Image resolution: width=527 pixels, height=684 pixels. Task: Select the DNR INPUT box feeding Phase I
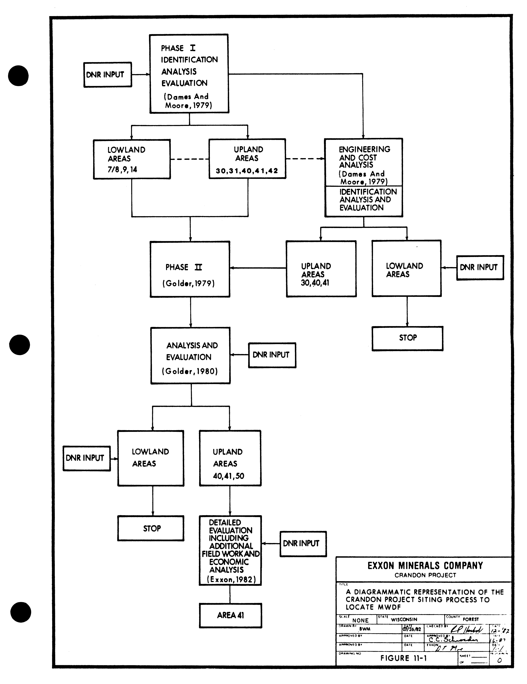107,75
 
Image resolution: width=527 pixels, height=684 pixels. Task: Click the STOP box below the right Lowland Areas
407,338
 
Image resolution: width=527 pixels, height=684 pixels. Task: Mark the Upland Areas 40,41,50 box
230,458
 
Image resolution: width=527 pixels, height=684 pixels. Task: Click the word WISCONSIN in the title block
404,619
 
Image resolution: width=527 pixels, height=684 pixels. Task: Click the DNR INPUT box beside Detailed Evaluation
303,543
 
